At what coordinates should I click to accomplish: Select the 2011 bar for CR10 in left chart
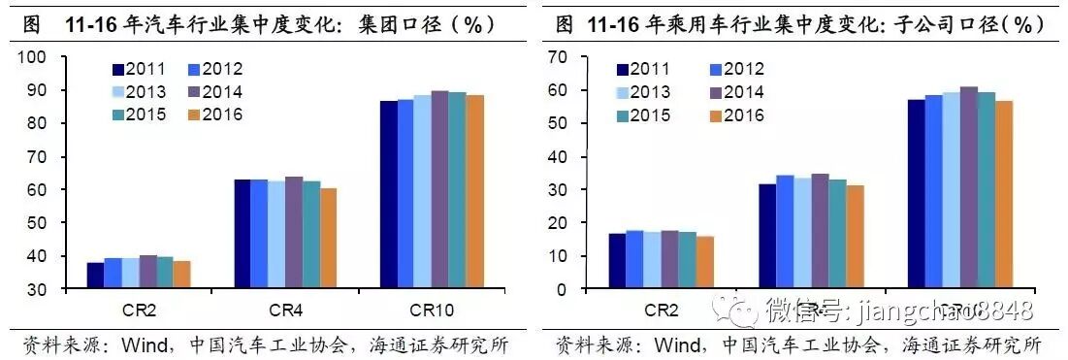pos(388,194)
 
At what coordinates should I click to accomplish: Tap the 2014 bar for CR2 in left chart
pos(147,272)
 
